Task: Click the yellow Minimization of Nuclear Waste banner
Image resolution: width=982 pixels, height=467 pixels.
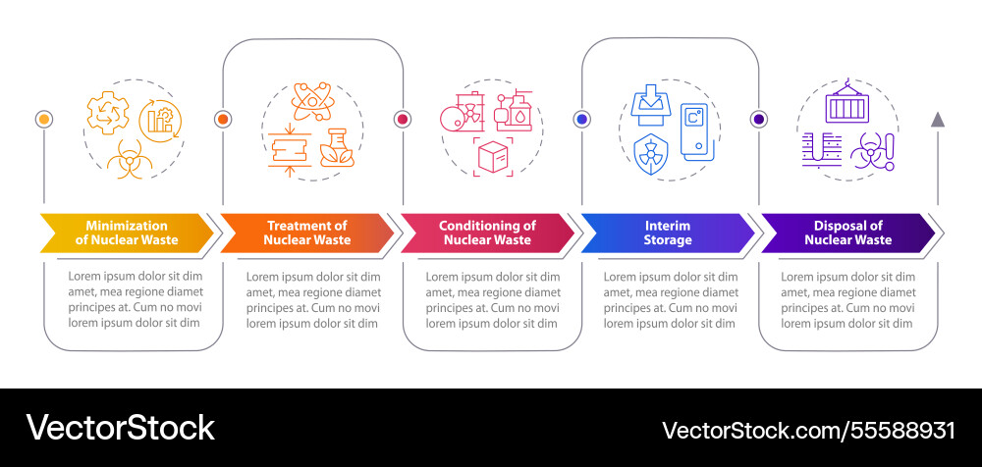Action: [x=126, y=233]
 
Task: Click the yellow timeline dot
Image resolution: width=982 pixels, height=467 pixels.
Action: [x=43, y=120]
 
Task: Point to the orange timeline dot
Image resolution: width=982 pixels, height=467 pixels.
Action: [x=223, y=120]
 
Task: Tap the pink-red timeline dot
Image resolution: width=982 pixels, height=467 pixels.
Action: [x=402, y=120]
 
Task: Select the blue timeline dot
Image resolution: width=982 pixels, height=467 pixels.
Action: [x=582, y=120]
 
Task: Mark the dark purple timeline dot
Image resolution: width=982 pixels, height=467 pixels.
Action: [x=759, y=120]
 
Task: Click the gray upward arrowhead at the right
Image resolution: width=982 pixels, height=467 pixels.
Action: [x=938, y=120]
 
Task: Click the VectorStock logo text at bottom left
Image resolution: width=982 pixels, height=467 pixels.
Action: [x=120, y=428]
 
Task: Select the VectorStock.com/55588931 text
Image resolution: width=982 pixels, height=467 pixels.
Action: [x=808, y=430]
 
